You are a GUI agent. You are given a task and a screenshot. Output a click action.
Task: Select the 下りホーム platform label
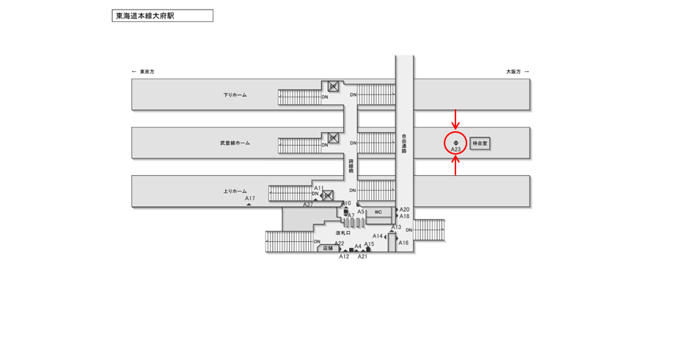coord(235,95)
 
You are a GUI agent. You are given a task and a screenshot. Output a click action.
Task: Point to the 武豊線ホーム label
coord(235,143)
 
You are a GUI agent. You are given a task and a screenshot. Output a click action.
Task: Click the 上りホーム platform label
coord(235,191)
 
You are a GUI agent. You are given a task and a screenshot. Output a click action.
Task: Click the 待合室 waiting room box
coord(480,144)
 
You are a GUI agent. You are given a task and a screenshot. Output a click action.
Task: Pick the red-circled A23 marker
coord(455,143)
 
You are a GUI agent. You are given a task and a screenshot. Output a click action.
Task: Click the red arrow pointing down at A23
coord(455,118)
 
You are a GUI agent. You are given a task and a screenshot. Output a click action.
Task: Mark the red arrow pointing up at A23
coord(455,168)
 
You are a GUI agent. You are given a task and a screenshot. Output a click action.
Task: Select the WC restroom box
coord(378,212)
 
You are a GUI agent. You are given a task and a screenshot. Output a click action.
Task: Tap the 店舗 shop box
coord(328,249)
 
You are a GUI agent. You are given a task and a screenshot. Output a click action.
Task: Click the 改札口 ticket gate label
coord(343,233)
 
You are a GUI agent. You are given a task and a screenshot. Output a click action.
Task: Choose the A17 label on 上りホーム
coord(250,199)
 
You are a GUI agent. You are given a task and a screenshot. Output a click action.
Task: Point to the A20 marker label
coord(405,210)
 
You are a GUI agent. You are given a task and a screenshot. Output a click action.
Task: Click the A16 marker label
coord(404,243)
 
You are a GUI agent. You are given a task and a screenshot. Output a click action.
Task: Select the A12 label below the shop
coord(344,257)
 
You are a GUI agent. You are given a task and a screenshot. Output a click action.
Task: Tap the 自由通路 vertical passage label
coord(404,144)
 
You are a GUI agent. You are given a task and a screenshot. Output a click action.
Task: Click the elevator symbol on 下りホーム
coord(332,87)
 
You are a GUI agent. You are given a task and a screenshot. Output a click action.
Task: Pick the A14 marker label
coord(378,236)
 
